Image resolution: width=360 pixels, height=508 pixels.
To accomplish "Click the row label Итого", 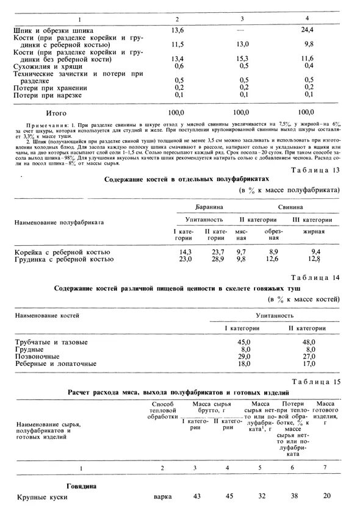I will (56, 113).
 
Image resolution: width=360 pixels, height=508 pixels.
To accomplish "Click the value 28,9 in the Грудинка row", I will (217, 259).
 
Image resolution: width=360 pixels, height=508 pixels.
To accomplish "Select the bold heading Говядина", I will (35, 486).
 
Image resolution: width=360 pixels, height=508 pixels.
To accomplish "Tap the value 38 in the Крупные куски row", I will (294, 497).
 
